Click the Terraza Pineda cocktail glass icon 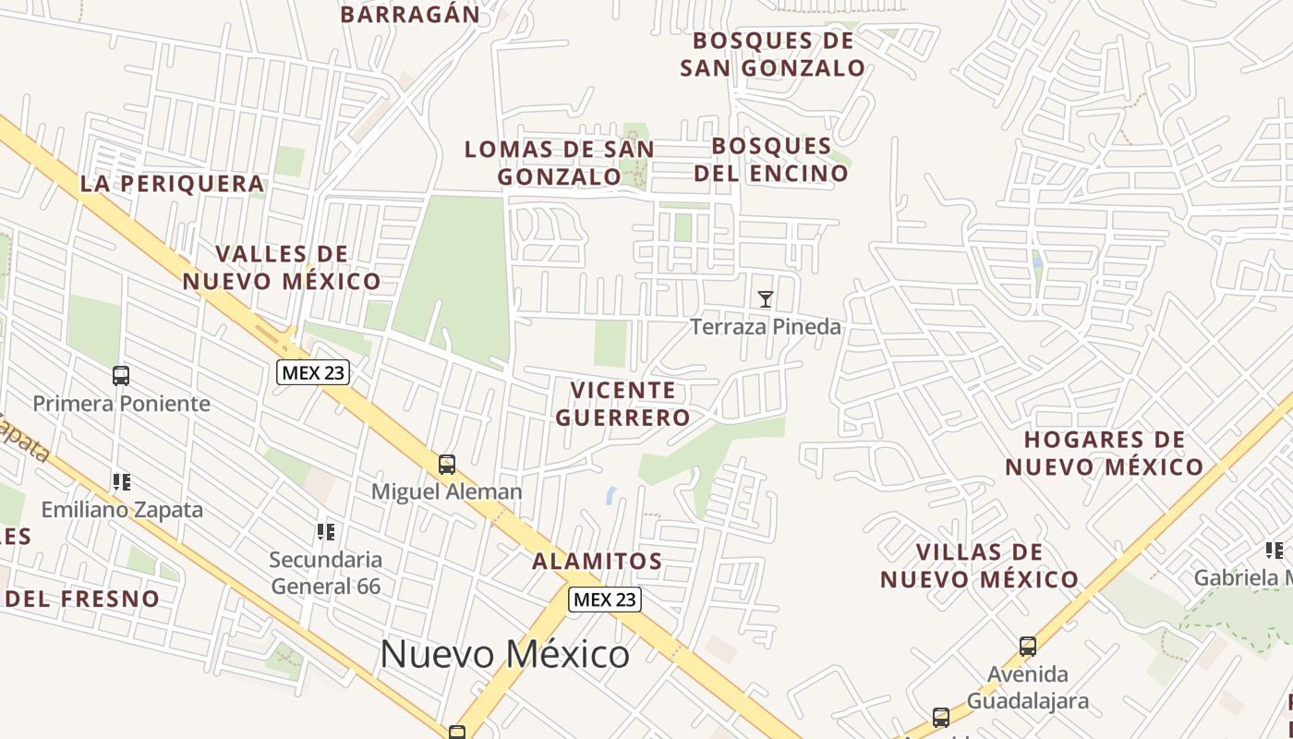[765, 298]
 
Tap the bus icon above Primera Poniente [121, 375]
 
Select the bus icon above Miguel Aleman [447, 464]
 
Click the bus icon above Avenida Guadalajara [1027, 646]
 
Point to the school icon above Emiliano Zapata [121, 481]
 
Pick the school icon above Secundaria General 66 [325, 531]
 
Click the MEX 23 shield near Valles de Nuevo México [313, 372]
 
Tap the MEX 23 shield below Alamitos [604, 599]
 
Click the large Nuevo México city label [504, 654]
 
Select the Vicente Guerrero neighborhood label [622, 404]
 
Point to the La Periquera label [173, 184]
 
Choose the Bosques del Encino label [771, 160]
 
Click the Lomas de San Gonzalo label [560, 163]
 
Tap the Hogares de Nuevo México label [1104, 453]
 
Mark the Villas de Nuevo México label [979, 565]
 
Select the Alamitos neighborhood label [598, 561]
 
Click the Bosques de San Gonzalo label [773, 55]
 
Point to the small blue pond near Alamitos [611, 495]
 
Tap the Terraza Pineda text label [766, 327]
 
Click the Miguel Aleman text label [447, 491]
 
